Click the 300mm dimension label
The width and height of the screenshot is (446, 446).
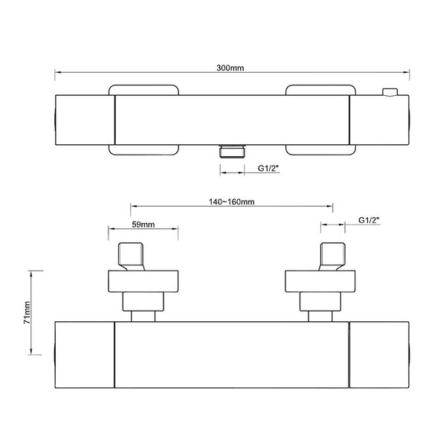click(x=230, y=68)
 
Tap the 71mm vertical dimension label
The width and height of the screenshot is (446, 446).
click(x=27, y=312)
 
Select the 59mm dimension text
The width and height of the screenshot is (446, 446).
click(x=143, y=224)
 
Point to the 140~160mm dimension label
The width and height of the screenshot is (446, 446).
click(x=232, y=201)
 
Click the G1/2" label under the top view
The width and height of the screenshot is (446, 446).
click(x=268, y=168)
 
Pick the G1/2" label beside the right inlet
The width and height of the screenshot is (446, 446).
click(x=369, y=220)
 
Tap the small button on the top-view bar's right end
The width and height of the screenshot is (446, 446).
click(x=390, y=92)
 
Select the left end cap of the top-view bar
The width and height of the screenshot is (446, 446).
click(x=85, y=120)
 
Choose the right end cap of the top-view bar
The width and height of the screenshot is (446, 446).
click(x=379, y=120)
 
